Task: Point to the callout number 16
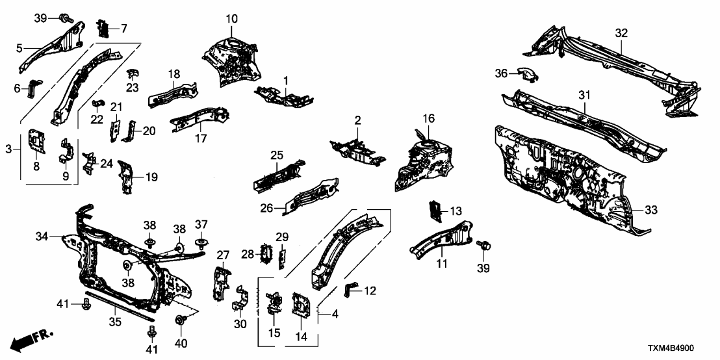tap(428, 118)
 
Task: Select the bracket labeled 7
tap(103, 28)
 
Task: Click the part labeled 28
tap(265, 253)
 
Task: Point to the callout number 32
tap(621, 32)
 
